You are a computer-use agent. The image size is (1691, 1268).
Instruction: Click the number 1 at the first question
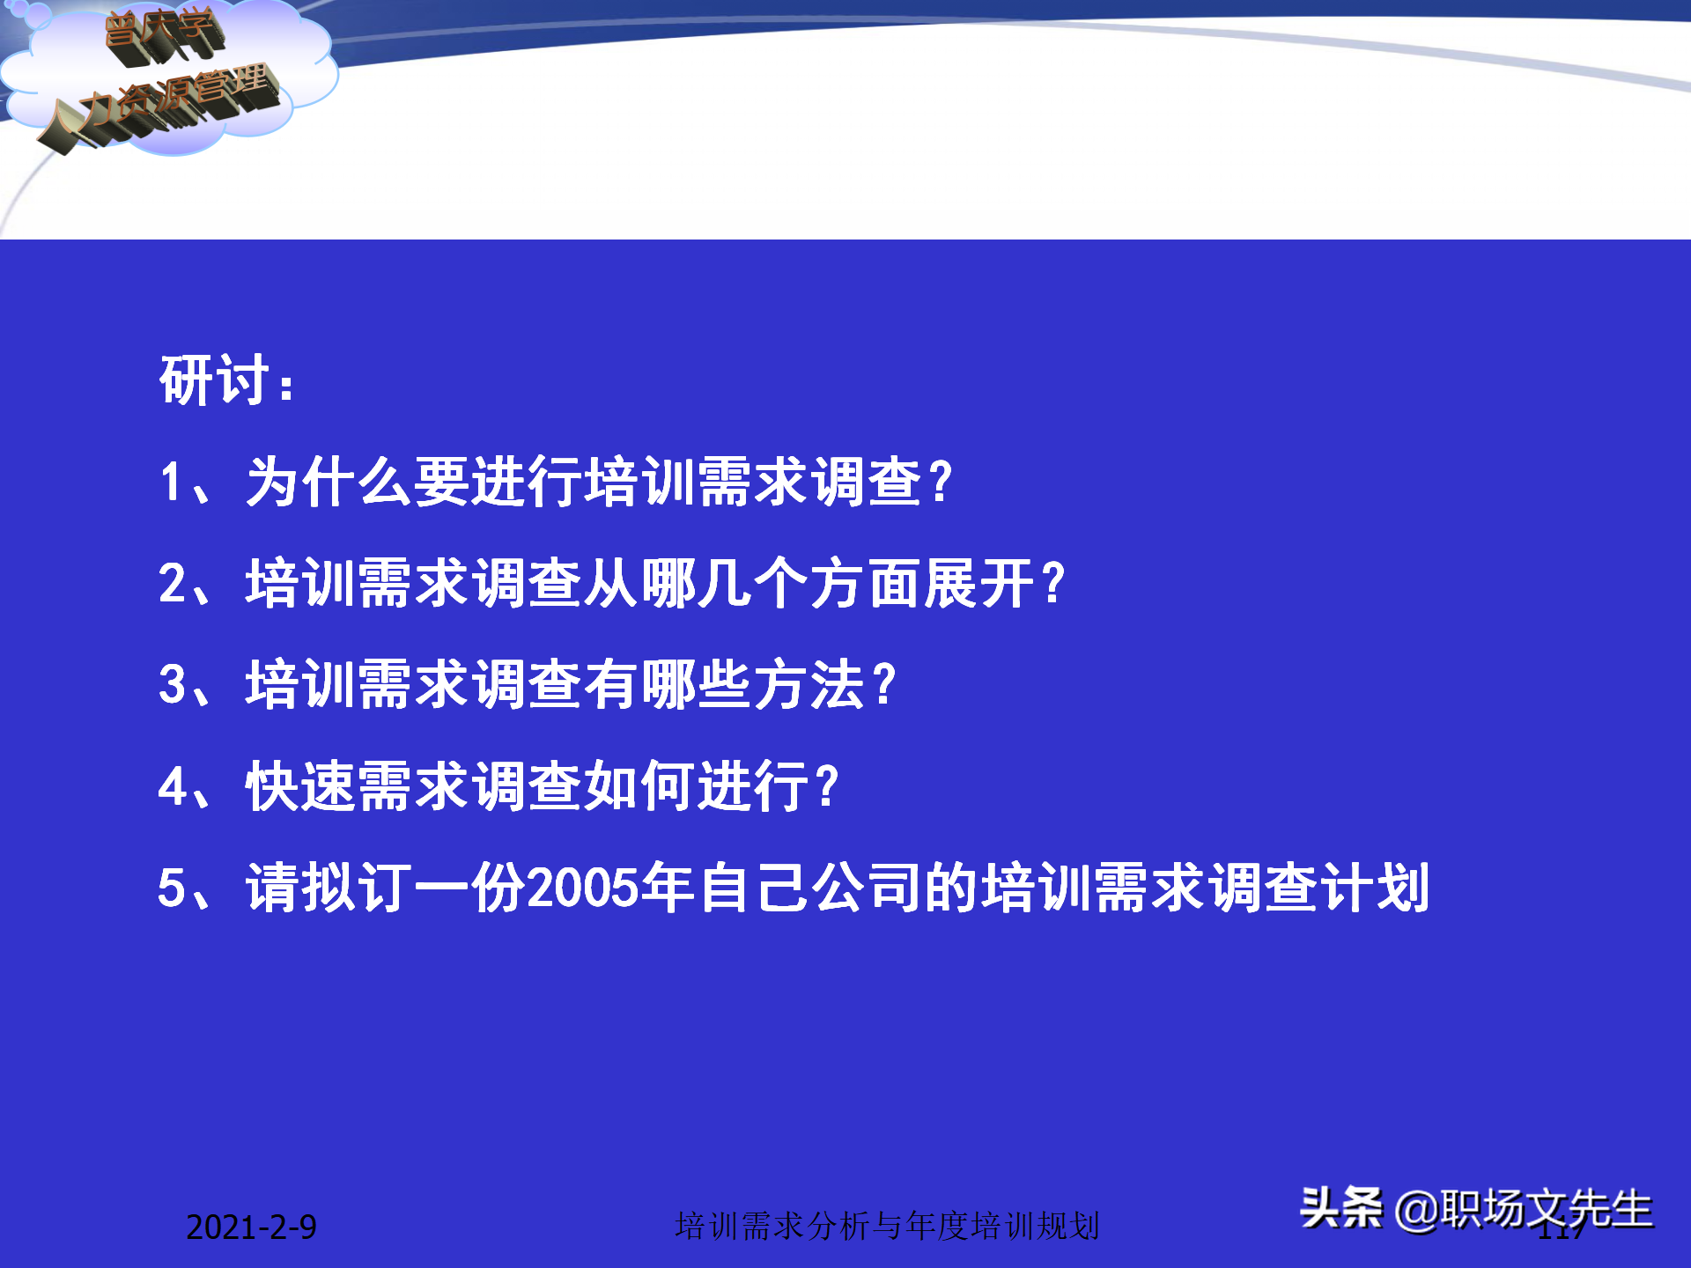(172, 483)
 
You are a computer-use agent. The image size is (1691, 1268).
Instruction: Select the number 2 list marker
(172, 584)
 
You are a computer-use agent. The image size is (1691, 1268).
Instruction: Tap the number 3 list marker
(172, 685)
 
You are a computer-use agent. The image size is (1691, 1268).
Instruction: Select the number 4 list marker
(172, 786)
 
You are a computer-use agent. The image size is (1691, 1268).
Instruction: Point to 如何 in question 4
(639, 786)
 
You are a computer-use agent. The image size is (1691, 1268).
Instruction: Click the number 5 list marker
(172, 888)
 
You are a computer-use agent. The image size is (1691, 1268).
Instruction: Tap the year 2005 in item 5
(582, 888)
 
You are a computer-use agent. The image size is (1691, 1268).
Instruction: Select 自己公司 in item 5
(810, 888)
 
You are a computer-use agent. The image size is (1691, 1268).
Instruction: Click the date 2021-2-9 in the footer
(251, 1227)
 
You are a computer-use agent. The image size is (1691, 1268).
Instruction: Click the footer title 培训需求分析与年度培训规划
(887, 1226)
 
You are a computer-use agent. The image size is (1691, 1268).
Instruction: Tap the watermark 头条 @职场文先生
(1475, 1208)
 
